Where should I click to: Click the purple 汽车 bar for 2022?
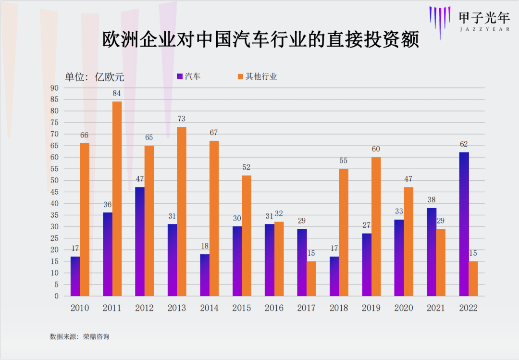point(464,224)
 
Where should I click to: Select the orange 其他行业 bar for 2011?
point(117,199)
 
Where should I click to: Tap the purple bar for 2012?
point(140,241)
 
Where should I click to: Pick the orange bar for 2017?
point(311,278)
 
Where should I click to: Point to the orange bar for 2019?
point(376,226)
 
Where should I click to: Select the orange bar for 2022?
point(473,278)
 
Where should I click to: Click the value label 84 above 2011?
point(117,93)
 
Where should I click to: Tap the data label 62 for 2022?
point(464,144)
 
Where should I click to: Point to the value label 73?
point(182,119)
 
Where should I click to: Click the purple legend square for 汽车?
point(180,76)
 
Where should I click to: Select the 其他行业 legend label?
point(261,76)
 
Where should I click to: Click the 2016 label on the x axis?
point(274,308)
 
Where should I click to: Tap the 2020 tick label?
point(404,308)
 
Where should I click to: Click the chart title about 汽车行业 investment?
point(261,40)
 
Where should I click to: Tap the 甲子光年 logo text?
point(483,18)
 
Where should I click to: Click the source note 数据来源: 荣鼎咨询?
point(80,336)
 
